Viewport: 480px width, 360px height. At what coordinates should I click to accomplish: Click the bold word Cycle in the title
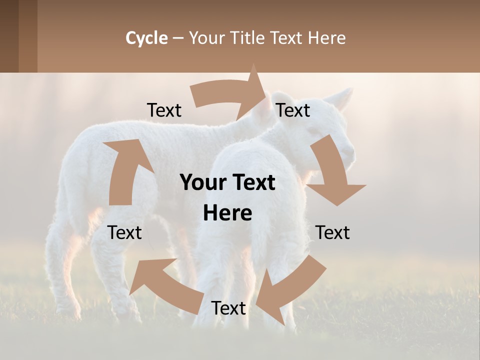coord(146,38)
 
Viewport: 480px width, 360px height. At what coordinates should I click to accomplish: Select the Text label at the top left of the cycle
coord(164,110)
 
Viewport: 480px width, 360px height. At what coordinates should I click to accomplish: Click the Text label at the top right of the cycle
coord(293,110)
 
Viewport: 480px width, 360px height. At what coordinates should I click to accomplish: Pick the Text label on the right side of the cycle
coord(332,232)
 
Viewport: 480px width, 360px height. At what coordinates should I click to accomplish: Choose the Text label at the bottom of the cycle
coord(228,308)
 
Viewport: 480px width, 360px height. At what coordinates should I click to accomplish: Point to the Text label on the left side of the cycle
coord(125,232)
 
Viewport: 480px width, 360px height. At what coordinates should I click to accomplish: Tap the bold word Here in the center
coord(227,213)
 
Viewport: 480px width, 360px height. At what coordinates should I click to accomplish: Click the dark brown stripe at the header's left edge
coord(9,36)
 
